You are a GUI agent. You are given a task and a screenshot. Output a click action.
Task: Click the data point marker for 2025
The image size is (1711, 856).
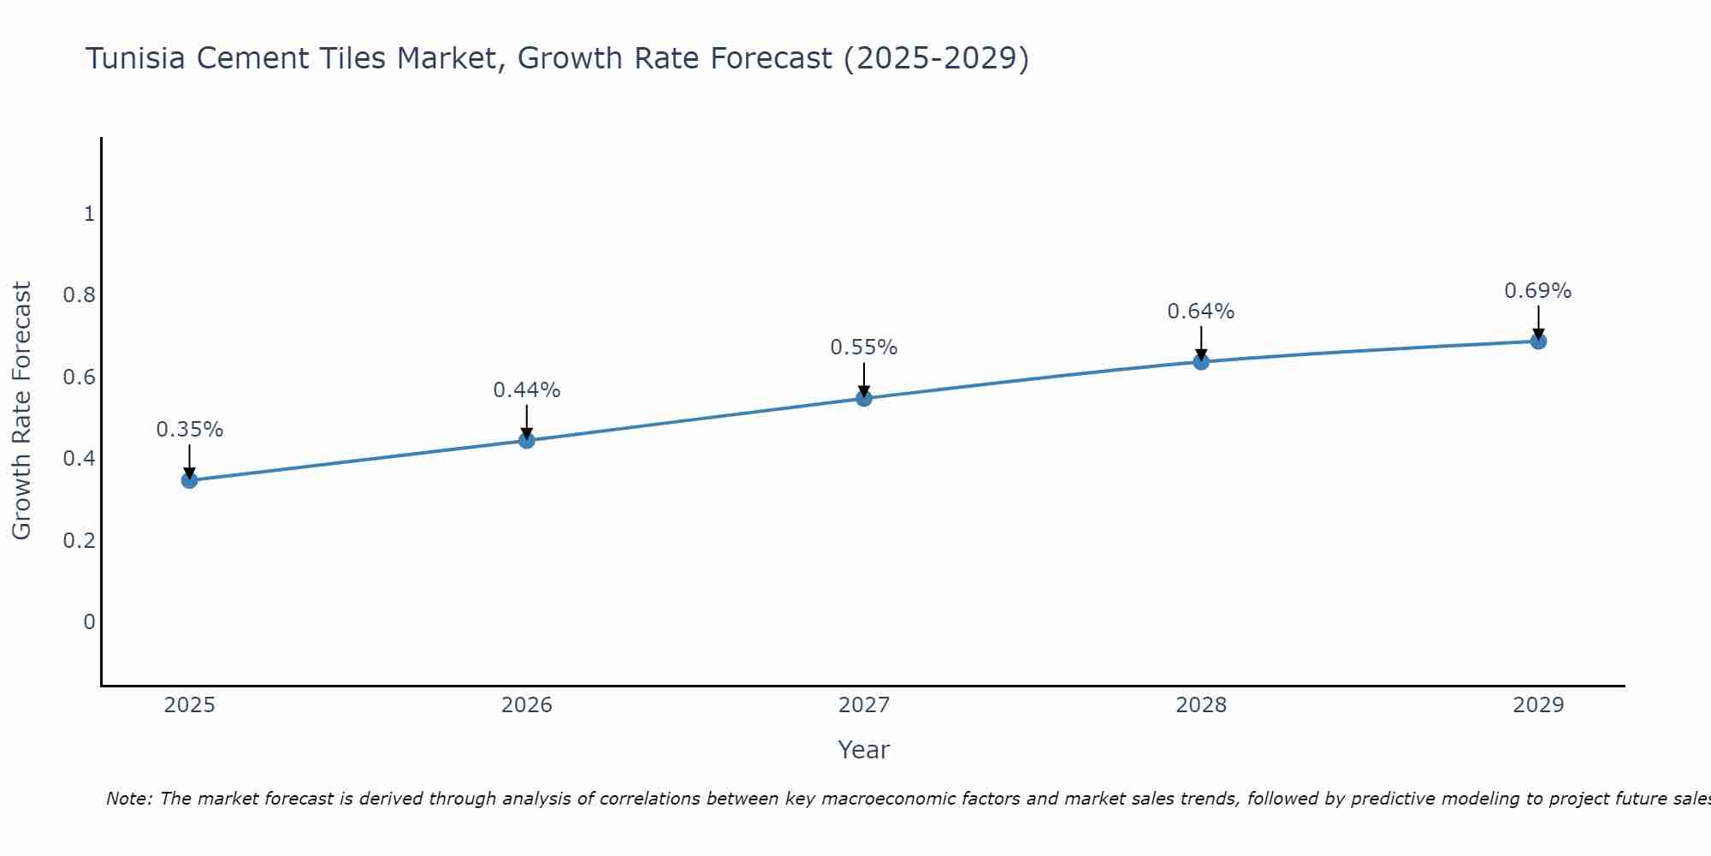(x=190, y=480)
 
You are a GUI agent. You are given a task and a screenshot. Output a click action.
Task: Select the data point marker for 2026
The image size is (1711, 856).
(x=527, y=440)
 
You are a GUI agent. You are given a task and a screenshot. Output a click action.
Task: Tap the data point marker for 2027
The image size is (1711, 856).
(x=864, y=398)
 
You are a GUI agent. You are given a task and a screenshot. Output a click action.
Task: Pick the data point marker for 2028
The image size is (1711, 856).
(x=1201, y=361)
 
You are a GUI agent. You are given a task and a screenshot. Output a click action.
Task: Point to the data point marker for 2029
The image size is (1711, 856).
(x=1538, y=342)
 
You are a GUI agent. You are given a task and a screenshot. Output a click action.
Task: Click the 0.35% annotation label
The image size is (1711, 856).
(x=190, y=430)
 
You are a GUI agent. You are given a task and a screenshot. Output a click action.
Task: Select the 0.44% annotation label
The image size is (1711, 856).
(x=527, y=390)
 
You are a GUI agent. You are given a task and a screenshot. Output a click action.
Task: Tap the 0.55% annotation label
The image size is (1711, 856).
(x=864, y=348)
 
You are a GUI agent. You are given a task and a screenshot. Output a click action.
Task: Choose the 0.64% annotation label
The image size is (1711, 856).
(x=1201, y=312)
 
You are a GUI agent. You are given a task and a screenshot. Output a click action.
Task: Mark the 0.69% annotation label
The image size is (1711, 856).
(x=1538, y=291)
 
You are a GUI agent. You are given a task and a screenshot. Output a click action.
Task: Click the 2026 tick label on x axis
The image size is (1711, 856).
(x=527, y=705)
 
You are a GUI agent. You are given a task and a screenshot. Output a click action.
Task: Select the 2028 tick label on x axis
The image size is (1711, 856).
(x=1201, y=705)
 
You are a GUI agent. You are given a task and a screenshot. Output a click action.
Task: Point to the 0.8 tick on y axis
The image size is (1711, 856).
(x=80, y=295)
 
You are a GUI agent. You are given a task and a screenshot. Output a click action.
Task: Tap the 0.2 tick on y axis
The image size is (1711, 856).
(x=80, y=540)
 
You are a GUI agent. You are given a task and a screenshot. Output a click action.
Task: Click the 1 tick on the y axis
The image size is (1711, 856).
(x=89, y=214)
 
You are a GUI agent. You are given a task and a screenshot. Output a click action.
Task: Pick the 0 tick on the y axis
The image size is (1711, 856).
(x=89, y=621)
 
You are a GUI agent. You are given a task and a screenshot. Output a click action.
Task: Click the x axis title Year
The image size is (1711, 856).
(x=864, y=750)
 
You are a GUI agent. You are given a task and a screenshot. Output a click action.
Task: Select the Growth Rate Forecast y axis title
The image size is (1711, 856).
(x=22, y=411)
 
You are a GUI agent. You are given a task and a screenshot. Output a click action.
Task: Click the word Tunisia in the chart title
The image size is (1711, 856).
(x=136, y=59)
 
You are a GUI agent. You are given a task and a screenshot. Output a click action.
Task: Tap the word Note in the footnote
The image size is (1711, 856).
(x=128, y=799)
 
